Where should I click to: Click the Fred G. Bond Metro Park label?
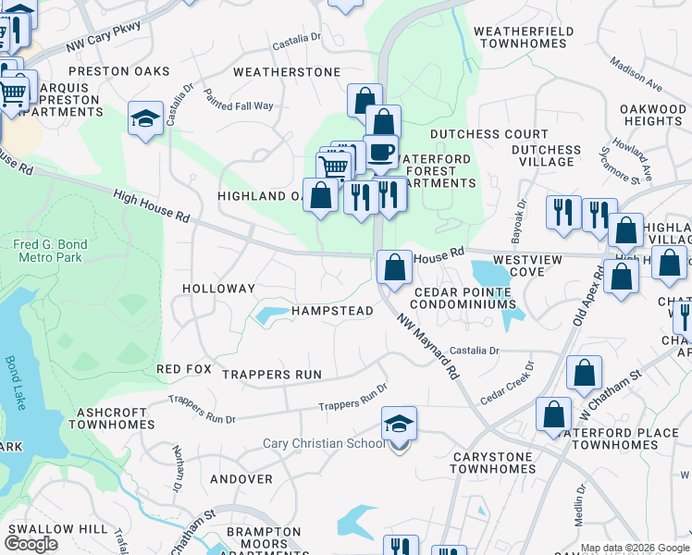(50, 251)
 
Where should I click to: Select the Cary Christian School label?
(324, 443)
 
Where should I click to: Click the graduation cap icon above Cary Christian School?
(399, 425)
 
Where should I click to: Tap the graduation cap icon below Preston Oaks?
(145, 118)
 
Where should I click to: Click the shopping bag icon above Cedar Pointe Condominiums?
(394, 267)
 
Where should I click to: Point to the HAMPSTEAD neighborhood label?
(332, 311)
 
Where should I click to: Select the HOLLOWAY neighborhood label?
(218, 289)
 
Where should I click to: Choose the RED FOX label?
(185, 369)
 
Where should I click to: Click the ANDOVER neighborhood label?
(241, 479)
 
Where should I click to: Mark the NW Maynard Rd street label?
(428, 346)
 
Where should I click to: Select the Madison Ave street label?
(636, 75)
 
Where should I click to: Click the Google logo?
(31, 544)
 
